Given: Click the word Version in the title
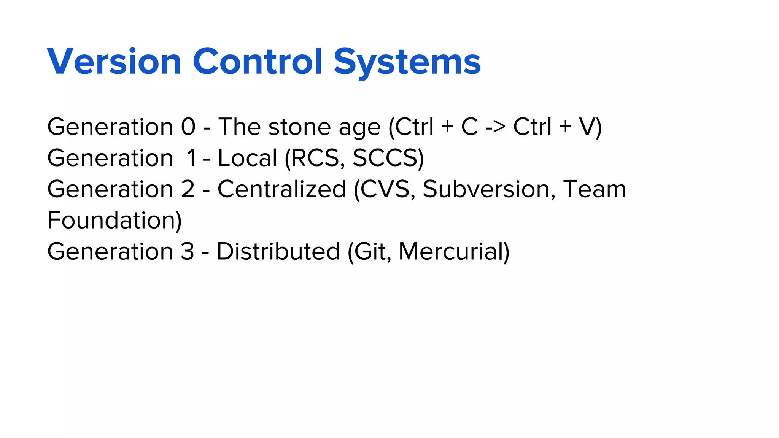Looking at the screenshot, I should coord(114,62).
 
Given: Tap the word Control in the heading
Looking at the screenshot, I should coord(258,62).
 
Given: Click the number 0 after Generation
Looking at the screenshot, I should coord(188,127).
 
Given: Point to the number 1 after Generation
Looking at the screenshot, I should coord(191,158).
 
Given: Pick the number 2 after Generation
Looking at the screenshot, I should coord(188,189).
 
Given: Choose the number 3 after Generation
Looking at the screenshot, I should coord(187,251).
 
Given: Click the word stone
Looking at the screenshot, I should coord(299,127).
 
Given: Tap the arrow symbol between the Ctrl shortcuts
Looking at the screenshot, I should coord(495,127).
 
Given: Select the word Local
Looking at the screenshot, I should coord(247,158).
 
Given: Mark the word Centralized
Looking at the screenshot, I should coord(281,189).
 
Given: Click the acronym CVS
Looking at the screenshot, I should coord(385,189).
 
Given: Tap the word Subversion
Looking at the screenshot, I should coord(486,189).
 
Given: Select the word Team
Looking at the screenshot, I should coord(594,189).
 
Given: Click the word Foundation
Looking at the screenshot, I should coord(111,220).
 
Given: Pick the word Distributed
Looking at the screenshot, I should coord(278,251).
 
